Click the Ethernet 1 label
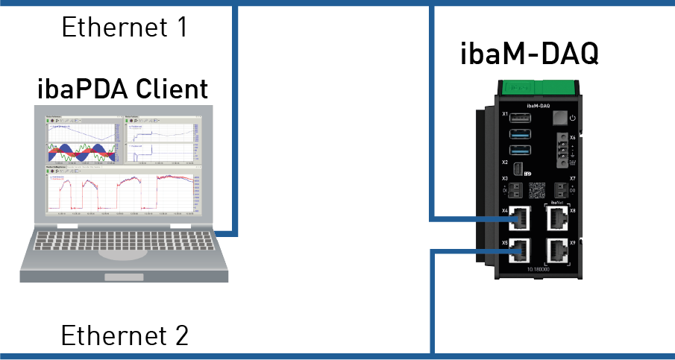coord(124,28)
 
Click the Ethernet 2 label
coord(124,335)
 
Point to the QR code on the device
coord(538,187)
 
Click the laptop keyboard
coord(123,238)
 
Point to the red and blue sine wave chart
coord(81,153)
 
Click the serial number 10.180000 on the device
coord(539,269)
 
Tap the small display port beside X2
coord(516,167)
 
